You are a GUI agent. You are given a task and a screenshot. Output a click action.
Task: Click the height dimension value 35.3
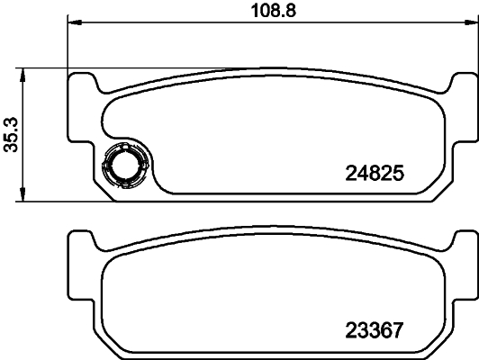[12, 135]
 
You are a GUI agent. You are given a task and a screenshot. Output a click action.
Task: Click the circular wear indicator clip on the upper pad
[123, 166]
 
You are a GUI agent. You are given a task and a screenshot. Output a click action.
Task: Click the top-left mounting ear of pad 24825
[82, 84]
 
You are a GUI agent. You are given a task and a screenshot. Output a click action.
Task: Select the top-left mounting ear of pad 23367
[82, 241]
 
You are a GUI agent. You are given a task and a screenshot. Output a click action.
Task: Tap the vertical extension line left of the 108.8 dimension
[68, 45]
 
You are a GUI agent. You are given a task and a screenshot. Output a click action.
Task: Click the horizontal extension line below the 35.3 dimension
[45, 201]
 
